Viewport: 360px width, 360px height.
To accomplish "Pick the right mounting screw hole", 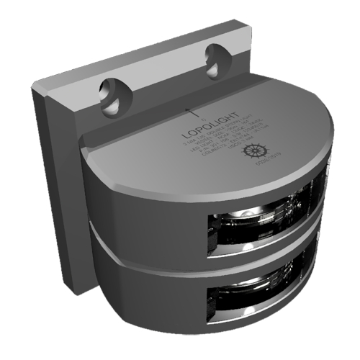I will pos(216,57).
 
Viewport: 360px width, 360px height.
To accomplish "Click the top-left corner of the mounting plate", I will pos(33,88).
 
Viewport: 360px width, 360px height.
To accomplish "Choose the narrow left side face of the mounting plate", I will pos(50,187).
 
